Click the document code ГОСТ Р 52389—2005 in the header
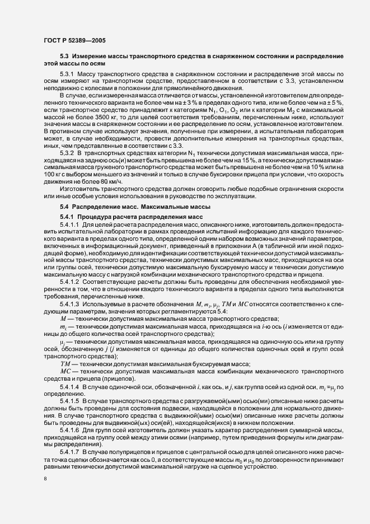[73, 40]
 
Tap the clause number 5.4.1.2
[69, 282]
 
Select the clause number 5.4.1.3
[69, 303]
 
